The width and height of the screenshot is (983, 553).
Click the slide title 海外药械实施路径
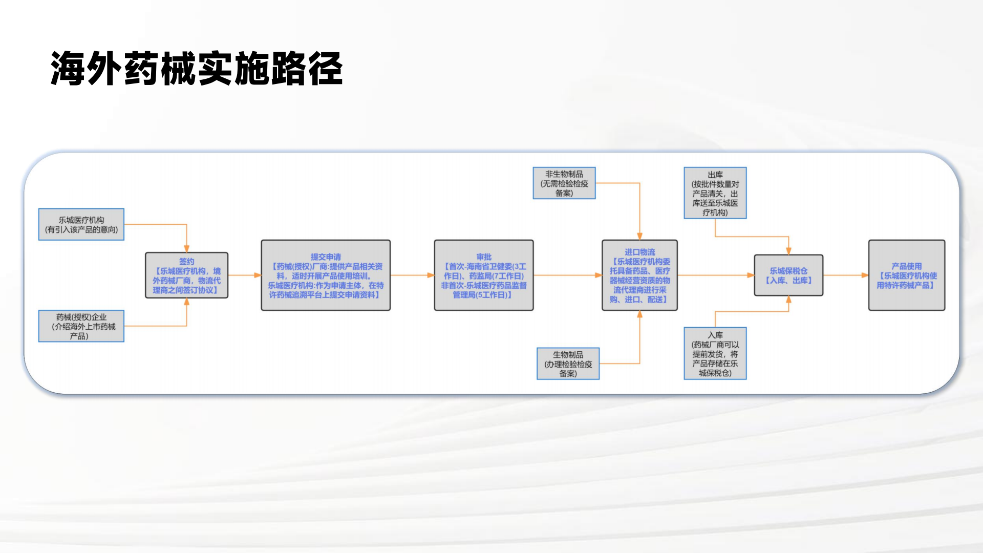point(197,69)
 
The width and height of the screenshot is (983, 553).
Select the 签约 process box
point(186,275)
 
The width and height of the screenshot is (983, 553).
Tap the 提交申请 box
point(326,275)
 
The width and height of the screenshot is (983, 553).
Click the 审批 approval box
point(483,275)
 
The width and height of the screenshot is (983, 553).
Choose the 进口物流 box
point(639,275)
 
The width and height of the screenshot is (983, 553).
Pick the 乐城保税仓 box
point(788,275)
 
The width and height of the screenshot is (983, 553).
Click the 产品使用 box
point(906,275)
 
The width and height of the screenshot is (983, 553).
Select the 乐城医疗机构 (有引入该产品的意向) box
point(81,224)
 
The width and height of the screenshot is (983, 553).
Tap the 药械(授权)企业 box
point(81,326)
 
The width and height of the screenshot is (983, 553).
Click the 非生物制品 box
point(564,183)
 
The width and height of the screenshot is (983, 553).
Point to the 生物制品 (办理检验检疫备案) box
point(568,364)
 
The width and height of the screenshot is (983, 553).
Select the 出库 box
point(715,193)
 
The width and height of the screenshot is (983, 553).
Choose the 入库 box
point(715,354)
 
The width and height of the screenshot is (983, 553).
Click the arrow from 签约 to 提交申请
point(244,275)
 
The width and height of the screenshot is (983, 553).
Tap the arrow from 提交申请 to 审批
point(412,275)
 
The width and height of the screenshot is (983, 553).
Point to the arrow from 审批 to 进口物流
point(567,275)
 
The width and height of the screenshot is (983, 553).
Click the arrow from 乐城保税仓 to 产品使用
point(845,275)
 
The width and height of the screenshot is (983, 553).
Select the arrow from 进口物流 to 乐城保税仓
point(716,275)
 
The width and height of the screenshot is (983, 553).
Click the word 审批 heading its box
point(483,257)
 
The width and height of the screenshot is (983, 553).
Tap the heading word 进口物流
point(639,252)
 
